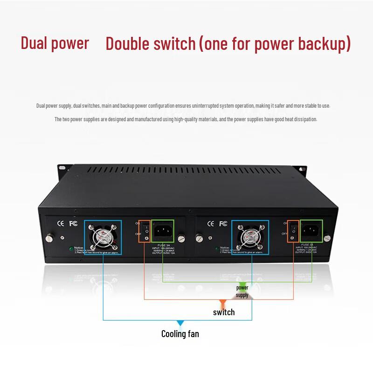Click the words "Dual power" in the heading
(x=55, y=43)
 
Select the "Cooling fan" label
(x=180, y=334)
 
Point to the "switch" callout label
(x=224, y=312)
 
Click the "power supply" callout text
(x=242, y=291)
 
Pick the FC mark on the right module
(x=223, y=223)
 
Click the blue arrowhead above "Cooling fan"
(x=180, y=323)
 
